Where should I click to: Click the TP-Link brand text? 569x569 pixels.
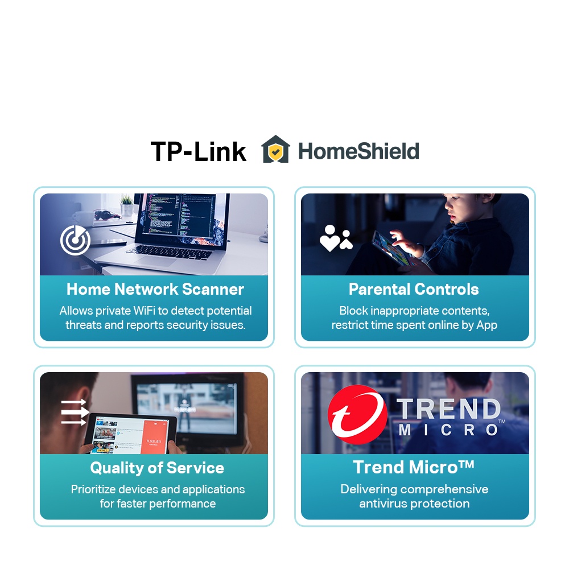[198, 152]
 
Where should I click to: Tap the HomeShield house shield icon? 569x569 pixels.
[275, 150]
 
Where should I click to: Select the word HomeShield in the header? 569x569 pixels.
[358, 151]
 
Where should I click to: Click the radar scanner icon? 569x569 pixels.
[75, 241]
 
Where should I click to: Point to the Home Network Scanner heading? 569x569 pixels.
[155, 289]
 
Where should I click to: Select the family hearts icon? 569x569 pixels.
[336, 238]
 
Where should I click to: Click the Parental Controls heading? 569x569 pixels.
[414, 289]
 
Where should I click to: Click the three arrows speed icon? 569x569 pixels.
[73, 413]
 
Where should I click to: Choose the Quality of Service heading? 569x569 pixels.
[157, 468]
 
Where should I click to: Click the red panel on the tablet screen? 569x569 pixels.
[156, 435]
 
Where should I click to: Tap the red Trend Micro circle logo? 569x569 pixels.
[357, 414]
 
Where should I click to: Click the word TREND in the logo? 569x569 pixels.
[448, 409]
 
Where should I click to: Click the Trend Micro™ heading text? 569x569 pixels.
[414, 467]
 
